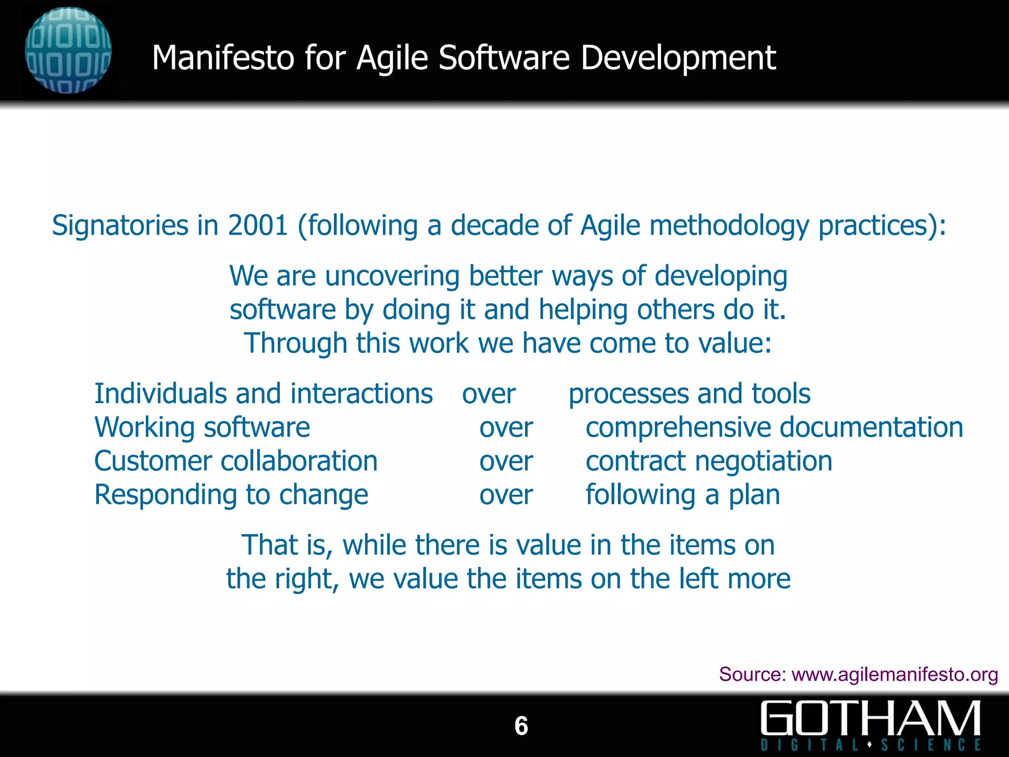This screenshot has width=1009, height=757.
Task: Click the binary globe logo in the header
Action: pyautogui.click(x=68, y=50)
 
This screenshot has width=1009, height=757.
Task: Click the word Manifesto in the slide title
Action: pyautogui.click(x=223, y=58)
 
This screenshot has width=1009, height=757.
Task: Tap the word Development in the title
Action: pyautogui.click(x=678, y=59)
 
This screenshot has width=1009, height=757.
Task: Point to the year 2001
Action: pyautogui.click(x=258, y=225)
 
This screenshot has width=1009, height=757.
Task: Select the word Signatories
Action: pyautogui.click(x=120, y=226)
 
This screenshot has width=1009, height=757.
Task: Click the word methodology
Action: pyautogui.click(x=729, y=226)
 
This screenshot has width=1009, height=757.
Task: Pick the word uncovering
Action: pyautogui.click(x=392, y=276)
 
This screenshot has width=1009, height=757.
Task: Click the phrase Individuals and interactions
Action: pyautogui.click(x=264, y=394)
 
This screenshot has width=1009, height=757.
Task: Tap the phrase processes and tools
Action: pyautogui.click(x=689, y=394)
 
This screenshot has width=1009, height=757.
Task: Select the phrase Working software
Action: pyautogui.click(x=202, y=427)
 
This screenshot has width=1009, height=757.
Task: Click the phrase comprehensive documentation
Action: pyautogui.click(x=774, y=427)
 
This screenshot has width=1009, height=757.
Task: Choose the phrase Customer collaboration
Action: pyautogui.click(x=235, y=461)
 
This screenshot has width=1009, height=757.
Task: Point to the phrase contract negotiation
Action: pyautogui.click(x=708, y=461)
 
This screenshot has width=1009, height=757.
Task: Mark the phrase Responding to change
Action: pyautogui.click(x=231, y=495)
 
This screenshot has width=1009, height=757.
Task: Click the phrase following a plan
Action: pyautogui.click(x=682, y=495)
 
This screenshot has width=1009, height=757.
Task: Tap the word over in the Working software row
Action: pyautogui.click(x=506, y=428)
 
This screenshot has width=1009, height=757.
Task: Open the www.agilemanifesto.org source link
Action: pyautogui.click(x=894, y=674)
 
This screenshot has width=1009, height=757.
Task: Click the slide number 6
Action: pyautogui.click(x=521, y=726)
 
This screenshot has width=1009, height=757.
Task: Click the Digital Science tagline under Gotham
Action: pyautogui.click(x=871, y=744)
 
